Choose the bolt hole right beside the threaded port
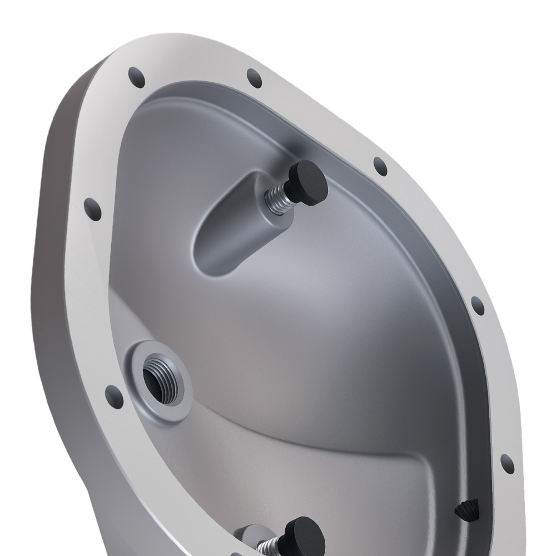point(114,394)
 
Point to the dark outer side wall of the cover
point(56,278)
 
